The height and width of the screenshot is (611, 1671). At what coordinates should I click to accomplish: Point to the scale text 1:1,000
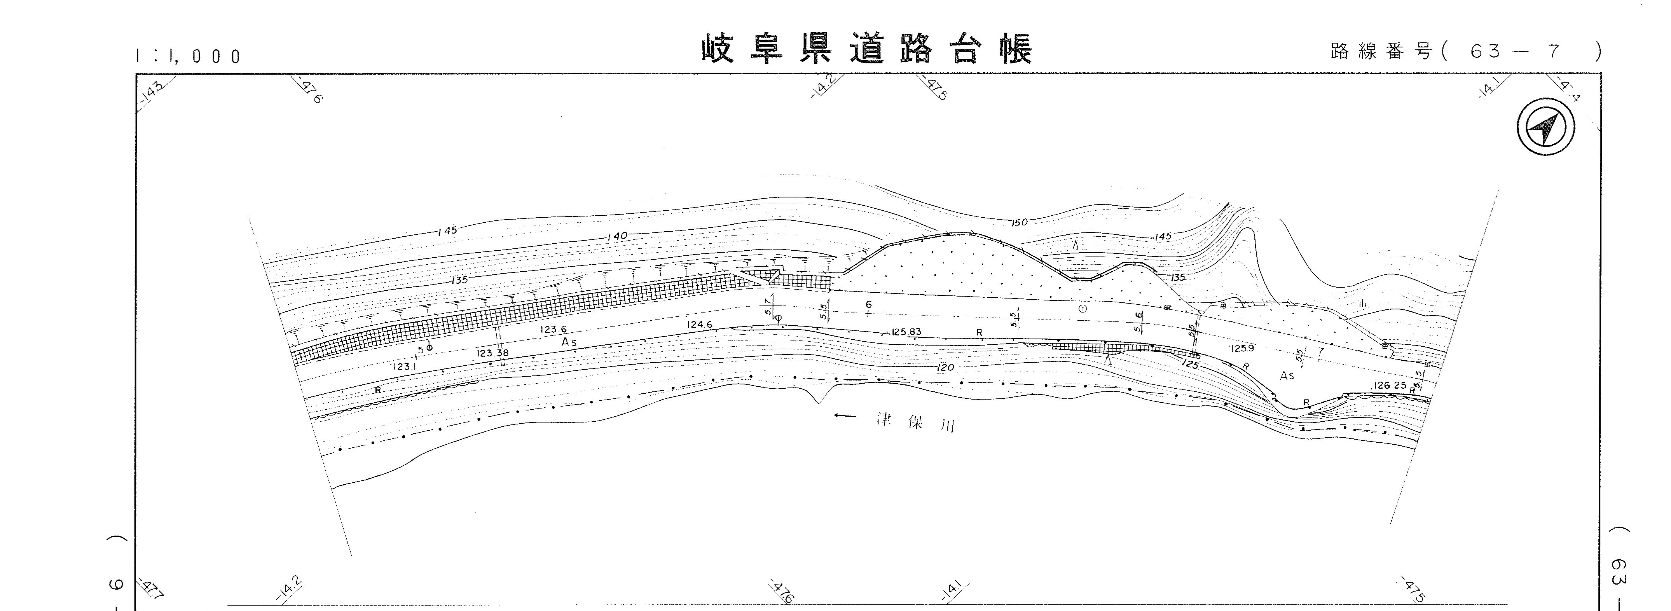coord(188,56)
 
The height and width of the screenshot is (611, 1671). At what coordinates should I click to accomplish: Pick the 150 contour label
coord(1019,222)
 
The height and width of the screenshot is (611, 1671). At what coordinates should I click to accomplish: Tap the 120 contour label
coord(945,368)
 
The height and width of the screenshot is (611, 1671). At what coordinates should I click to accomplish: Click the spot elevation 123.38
coord(492,353)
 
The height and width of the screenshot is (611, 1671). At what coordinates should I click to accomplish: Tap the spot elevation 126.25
coord(1390,385)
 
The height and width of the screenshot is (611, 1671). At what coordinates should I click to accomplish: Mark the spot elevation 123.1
coord(403,367)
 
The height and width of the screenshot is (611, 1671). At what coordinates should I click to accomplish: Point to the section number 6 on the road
coord(869,305)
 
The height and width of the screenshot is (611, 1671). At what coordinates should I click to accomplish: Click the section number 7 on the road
coord(1321,351)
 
